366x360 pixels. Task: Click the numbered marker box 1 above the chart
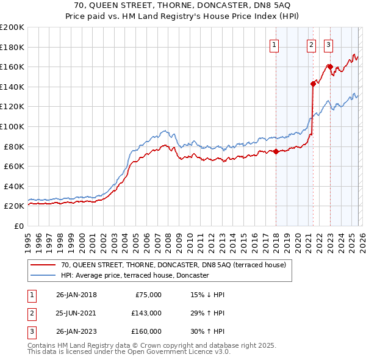point(274,44)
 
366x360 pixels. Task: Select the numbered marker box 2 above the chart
point(311,44)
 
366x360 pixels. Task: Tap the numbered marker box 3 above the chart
point(328,44)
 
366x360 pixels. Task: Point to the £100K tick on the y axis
point(12,126)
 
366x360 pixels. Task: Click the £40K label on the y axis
point(13,186)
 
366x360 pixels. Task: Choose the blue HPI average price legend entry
point(135,275)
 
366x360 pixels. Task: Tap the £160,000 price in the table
point(146,331)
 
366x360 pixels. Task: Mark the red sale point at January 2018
point(276,152)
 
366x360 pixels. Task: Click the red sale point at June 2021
point(313,84)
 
